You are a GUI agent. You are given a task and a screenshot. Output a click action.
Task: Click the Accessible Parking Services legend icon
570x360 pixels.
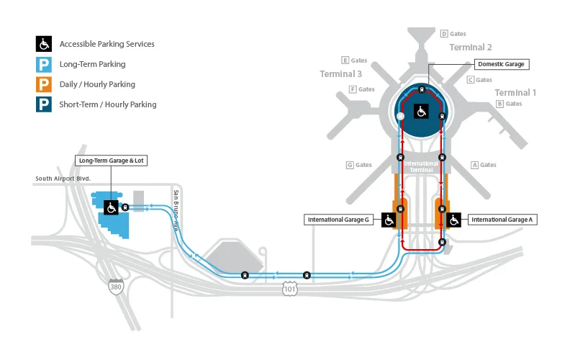pyautogui.click(x=44, y=44)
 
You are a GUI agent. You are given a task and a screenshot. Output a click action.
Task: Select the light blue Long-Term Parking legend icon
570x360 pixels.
pyautogui.click(x=44, y=64)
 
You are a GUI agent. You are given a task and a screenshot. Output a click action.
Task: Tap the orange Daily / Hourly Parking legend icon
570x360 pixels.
pyautogui.click(x=44, y=84)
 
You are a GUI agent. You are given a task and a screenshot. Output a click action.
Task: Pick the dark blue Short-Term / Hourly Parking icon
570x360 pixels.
pyautogui.click(x=44, y=104)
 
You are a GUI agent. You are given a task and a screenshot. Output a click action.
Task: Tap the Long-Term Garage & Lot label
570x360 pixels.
pyautogui.click(x=111, y=161)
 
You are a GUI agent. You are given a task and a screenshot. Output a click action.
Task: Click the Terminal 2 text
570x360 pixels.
pyautogui.click(x=471, y=48)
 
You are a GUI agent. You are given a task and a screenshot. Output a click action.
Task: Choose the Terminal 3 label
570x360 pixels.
pyautogui.click(x=341, y=73)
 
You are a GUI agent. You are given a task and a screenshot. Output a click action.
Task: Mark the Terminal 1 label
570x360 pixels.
pyautogui.click(x=515, y=92)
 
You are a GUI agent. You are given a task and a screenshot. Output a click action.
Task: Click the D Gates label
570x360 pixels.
pyautogui.click(x=453, y=34)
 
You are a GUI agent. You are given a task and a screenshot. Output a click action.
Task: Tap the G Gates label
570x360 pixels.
pyautogui.click(x=359, y=165)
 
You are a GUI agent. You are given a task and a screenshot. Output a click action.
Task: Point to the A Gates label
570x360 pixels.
pyautogui.click(x=484, y=165)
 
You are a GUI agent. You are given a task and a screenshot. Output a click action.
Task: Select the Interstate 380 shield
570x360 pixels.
pyautogui.click(x=115, y=287)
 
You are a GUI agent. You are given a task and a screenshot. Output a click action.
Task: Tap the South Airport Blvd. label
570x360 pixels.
pyautogui.click(x=63, y=179)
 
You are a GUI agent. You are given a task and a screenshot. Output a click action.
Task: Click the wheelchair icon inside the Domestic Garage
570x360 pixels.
pyautogui.click(x=422, y=111)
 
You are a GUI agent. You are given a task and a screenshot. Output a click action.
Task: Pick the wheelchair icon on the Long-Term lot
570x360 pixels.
pyautogui.click(x=112, y=207)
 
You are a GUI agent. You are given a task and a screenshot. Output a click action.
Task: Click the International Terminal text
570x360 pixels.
pyautogui.click(x=421, y=166)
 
